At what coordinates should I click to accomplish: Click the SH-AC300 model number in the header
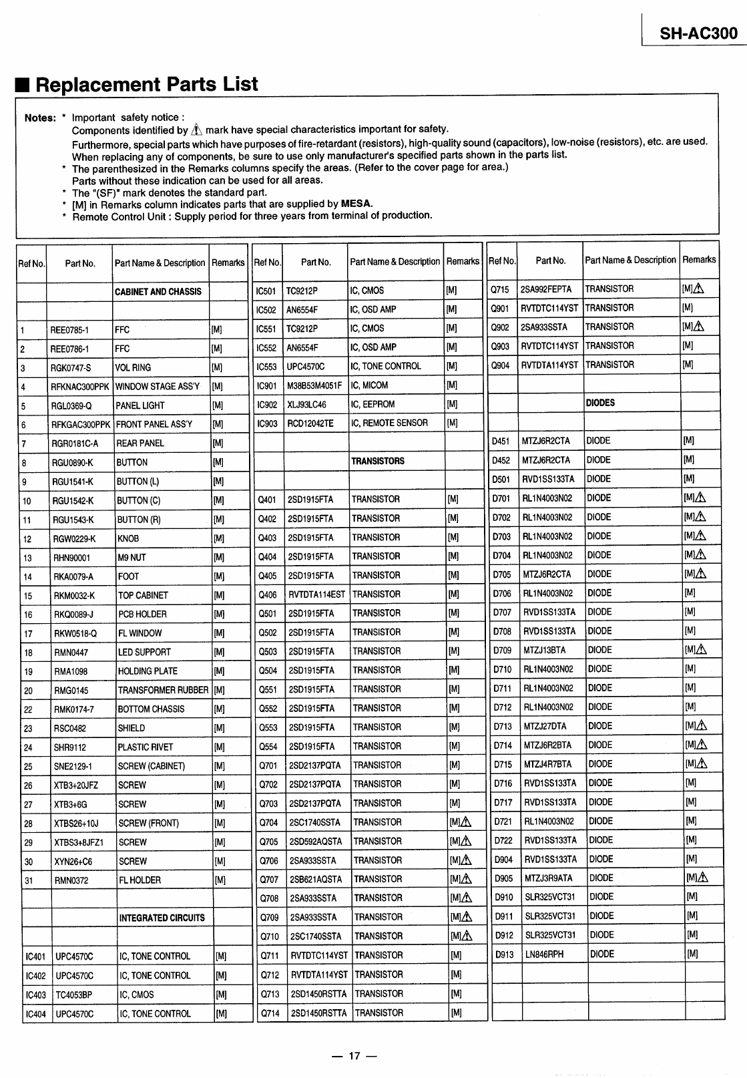(x=698, y=33)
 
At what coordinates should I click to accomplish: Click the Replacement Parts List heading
(x=146, y=84)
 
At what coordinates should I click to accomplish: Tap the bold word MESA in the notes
(x=356, y=204)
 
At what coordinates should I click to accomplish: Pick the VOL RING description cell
(x=133, y=368)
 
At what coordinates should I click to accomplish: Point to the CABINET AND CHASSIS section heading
(x=158, y=292)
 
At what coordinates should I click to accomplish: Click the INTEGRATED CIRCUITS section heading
(x=162, y=918)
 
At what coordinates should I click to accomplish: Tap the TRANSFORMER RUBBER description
(x=163, y=690)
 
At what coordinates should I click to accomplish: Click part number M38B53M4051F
(x=314, y=385)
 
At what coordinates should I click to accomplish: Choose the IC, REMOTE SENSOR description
(x=389, y=423)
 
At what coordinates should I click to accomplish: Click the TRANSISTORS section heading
(x=378, y=461)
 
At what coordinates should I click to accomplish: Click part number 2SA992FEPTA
(x=546, y=289)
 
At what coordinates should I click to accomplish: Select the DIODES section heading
(x=600, y=403)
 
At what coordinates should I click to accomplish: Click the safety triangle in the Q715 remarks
(x=699, y=289)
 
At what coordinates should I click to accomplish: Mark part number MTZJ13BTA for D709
(x=545, y=650)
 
